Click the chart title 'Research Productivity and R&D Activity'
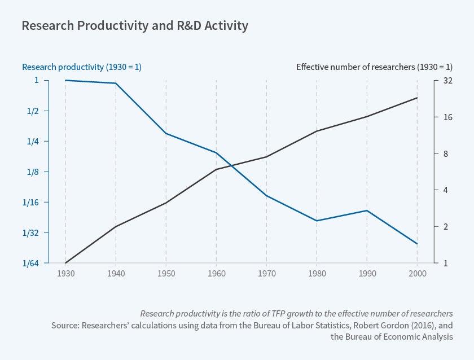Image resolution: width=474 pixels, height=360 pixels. point(134,25)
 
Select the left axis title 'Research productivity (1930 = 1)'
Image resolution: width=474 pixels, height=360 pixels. point(82,67)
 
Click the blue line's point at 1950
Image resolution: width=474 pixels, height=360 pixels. point(166,134)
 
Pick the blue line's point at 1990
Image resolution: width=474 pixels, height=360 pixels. point(367,210)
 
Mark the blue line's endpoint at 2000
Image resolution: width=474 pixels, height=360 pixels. point(417,244)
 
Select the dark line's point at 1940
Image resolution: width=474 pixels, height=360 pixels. point(116,226)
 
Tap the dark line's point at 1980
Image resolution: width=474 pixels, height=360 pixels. point(317,131)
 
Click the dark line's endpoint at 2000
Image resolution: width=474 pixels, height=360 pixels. point(417,98)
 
